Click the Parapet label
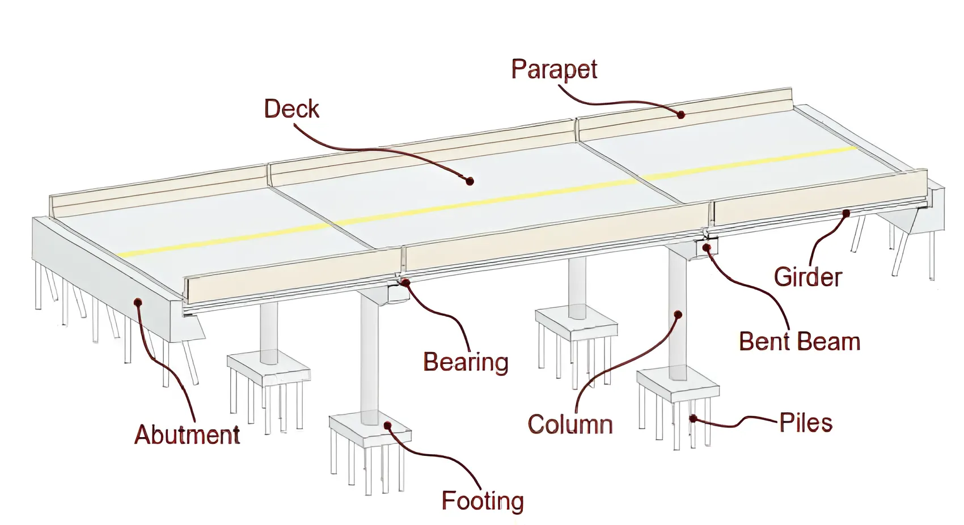pos(554,69)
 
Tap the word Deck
pos(291,109)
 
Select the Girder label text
pos(807,277)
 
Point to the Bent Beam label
pos(800,342)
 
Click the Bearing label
pos(466,362)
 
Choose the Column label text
pos(570,425)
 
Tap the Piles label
pos(805,423)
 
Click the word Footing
pos(483,501)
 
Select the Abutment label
pos(187,435)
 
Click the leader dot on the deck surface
pos(470,181)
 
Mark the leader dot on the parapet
pos(681,115)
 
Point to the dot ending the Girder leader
pos(845,213)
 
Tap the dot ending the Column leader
pos(678,314)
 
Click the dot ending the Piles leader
pos(692,418)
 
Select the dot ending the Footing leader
pos(388,425)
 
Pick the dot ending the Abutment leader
pos(137,302)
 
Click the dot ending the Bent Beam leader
pos(707,247)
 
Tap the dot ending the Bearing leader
pos(406,282)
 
